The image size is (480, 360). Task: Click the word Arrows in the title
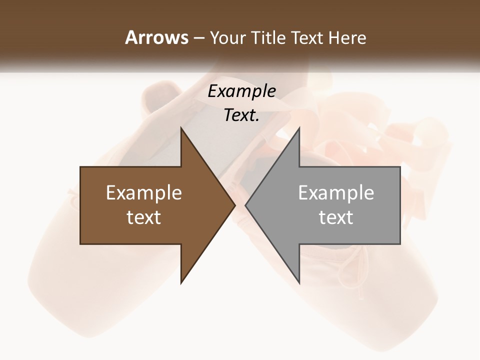pos(157,37)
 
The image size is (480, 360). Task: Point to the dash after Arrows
pos(199,38)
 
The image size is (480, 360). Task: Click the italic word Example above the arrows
pos(242,91)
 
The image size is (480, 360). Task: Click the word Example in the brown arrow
pos(144,193)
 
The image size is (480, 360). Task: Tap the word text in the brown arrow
pos(144,217)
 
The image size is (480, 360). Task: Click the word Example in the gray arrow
pos(336,193)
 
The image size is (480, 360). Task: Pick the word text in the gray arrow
pos(336,217)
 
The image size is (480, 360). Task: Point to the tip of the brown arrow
pos(234,205)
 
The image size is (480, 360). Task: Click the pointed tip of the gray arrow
pos(246,205)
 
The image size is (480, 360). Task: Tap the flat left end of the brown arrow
pos(81,205)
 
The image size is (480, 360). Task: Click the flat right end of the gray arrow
pos(399,205)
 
